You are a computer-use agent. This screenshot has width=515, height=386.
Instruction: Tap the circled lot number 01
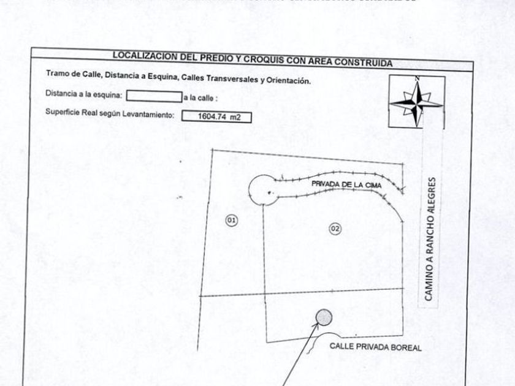tap(232, 220)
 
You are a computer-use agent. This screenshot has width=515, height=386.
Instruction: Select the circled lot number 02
tap(335, 229)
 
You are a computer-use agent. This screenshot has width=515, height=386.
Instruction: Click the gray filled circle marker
tap(323, 317)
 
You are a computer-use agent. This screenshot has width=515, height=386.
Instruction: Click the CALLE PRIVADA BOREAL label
tap(375, 346)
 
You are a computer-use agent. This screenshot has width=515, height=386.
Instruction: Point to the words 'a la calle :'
tap(200, 97)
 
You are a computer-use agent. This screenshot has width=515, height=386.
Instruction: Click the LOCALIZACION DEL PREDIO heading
tap(251, 58)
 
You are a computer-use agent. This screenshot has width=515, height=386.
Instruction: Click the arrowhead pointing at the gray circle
tap(317, 325)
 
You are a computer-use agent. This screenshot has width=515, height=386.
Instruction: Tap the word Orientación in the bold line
tap(289, 81)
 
